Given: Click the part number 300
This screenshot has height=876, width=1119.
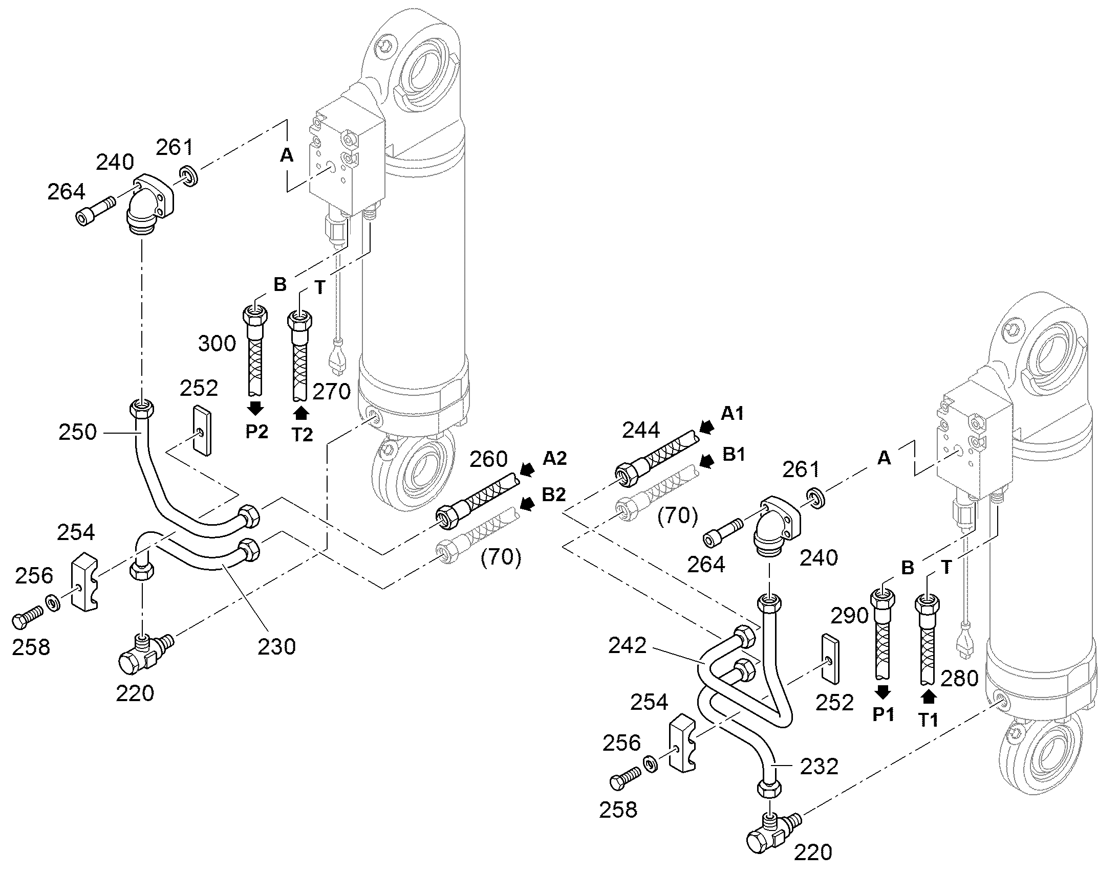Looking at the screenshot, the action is click(x=217, y=343).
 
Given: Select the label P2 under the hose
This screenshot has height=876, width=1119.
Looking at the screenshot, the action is click(x=256, y=431).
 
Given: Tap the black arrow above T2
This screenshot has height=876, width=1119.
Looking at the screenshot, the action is click(x=302, y=413).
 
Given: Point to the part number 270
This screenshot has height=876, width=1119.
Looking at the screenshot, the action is click(x=332, y=392).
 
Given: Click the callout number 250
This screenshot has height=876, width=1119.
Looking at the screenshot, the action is click(x=77, y=432).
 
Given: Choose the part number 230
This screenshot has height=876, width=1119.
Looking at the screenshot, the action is click(x=277, y=647).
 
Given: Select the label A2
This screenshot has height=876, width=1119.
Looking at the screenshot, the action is click(x=554, y=458).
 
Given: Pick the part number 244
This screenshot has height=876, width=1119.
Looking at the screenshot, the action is click(x=641, y=430).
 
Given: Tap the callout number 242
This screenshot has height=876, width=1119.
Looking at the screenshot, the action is click(x=627, y=646).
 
